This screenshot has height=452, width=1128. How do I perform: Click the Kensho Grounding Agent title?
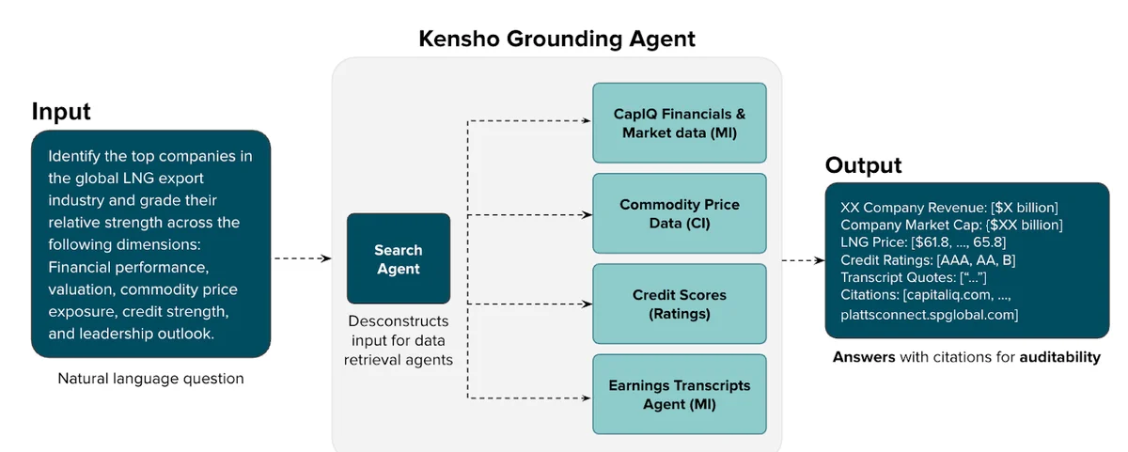coord(556,39)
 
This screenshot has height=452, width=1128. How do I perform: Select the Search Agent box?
coord(399,259)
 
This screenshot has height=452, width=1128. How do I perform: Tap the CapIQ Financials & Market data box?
coord(679,123)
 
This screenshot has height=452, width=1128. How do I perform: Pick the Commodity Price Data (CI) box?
coord(679,213)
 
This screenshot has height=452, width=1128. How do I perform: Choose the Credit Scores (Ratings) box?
coord(679,304)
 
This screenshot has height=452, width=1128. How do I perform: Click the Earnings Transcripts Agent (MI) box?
coord(679,395)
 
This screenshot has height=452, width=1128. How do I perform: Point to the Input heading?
coord(61,111)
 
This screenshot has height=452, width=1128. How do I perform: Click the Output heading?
coord(863,165)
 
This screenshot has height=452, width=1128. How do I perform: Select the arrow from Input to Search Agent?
coord(303,257)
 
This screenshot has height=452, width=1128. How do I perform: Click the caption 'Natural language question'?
coord(150,379)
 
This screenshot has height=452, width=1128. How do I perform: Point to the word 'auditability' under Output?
coord(1058,357)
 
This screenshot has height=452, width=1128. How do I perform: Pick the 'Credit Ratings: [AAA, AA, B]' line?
coord(928,260)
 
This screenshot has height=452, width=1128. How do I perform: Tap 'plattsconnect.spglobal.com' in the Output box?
coord(929,314)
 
